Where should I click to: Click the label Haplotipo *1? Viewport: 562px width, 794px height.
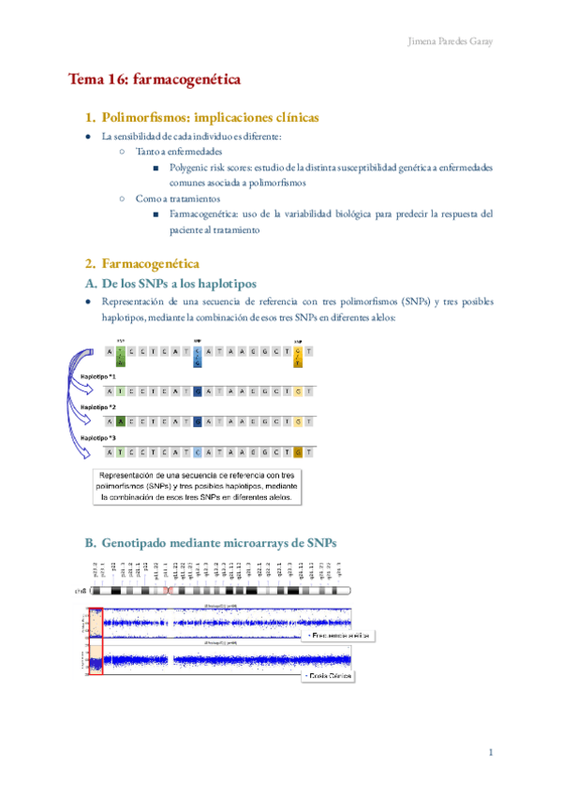(98, 375)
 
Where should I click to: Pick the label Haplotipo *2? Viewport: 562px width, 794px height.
(98, 407)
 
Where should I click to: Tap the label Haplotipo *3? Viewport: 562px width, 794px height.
(98, 437)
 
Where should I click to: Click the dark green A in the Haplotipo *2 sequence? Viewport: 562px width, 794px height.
(122, 422)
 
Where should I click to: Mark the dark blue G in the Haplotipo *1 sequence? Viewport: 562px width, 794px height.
(197, 391)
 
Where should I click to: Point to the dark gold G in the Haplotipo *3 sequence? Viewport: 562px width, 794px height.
(297, 453)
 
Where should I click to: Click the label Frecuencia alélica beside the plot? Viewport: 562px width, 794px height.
(337, 635)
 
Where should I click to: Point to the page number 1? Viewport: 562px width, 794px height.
(490, 753)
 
